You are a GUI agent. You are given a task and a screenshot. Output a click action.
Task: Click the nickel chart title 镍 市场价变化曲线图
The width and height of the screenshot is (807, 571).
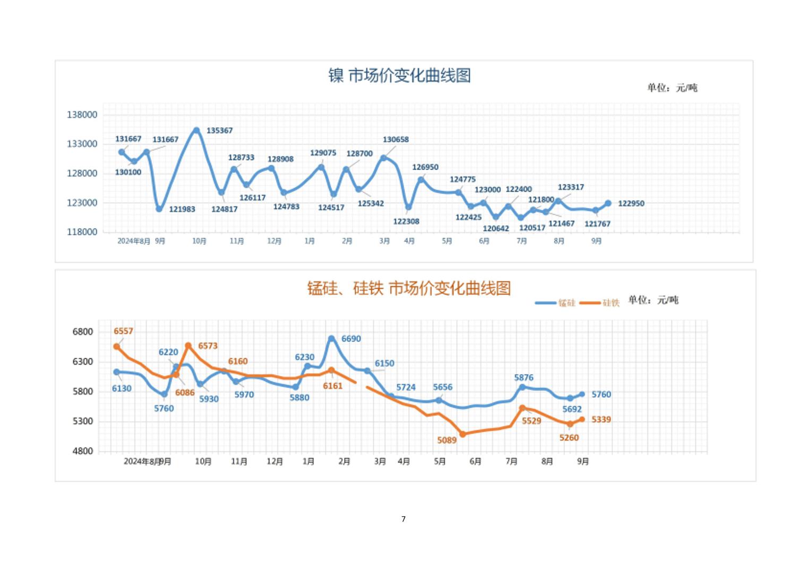[x=399, y=75]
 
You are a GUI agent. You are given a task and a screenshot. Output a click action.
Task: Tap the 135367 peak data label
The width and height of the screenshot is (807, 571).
[x=219, y=131]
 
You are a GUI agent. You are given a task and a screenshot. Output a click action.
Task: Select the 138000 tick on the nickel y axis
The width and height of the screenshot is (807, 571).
[x=82, y=115]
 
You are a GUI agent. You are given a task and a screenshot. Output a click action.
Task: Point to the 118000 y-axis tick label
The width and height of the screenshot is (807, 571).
[x=82, y=232]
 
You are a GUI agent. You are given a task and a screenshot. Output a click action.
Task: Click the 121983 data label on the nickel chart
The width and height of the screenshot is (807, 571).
[x=182, y=209]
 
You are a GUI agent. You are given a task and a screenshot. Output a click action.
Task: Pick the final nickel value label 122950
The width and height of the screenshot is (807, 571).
[x=631, y=204]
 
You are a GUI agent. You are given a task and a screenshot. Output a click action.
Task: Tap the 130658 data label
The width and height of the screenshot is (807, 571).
[x=396, y=140]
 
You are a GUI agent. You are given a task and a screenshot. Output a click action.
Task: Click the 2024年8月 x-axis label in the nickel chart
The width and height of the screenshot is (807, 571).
[x=133, y=241]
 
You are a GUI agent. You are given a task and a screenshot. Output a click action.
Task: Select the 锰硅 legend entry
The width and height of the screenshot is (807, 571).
[x=555, y=303]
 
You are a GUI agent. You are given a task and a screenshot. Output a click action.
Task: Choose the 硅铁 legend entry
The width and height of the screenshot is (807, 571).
[x=600, y=303]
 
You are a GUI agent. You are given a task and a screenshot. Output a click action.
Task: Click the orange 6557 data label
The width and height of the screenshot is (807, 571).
[x=123, y=331]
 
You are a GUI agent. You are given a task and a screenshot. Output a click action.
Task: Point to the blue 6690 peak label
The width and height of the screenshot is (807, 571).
[x=351, y=339]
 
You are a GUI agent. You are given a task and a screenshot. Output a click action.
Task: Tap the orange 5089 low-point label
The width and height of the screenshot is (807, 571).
[x=447, y=440]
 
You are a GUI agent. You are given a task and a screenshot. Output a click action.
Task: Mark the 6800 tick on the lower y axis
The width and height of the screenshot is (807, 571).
[x=83, y=332]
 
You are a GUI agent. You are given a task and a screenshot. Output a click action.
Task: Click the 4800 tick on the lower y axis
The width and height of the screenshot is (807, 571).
[x=83, y=451]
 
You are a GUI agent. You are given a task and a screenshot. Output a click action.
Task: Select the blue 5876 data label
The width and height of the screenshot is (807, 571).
[x=523, y=377]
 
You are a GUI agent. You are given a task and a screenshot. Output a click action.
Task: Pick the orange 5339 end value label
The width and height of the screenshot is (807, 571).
[x=601, y=419]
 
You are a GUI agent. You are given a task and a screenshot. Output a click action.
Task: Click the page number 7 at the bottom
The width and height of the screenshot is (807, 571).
[x=403, y=519]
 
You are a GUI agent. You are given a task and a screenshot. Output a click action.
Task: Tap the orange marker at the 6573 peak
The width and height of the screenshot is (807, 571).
[x=188, y=346]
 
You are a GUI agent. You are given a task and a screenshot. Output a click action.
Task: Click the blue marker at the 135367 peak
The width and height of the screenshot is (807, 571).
[x=196, y=130]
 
